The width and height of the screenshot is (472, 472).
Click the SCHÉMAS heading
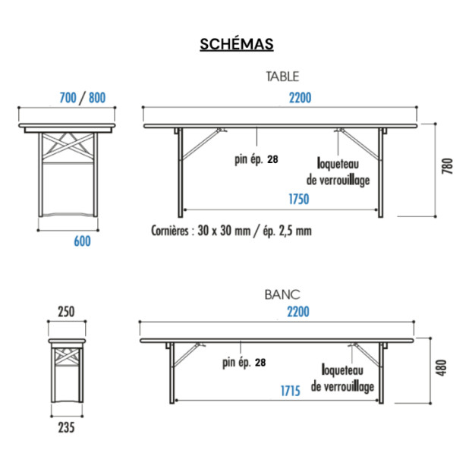pyautogui.click(x=237, y=44)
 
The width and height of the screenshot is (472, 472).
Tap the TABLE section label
pyautogui.click(x=282, y=77)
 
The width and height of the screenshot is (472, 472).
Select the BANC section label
pyautogui.click(x=282, y=294)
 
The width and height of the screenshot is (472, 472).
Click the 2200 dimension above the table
pyautogui.click(x=300, y=98)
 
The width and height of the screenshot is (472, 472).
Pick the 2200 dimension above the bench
pyautogui.click(x=298, y=312)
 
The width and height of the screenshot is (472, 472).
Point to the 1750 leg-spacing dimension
pyautogui.click(x=299, y=200)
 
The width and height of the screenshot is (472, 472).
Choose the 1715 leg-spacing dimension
pyautogui.click(x=291, y=391)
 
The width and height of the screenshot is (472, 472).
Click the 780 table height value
pyautogui.click(x=447, y=166)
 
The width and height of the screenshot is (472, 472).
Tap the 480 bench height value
pyautogui.click(x=442, y=367)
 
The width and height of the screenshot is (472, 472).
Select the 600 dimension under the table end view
pyautogui.click(x=82, y=241)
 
